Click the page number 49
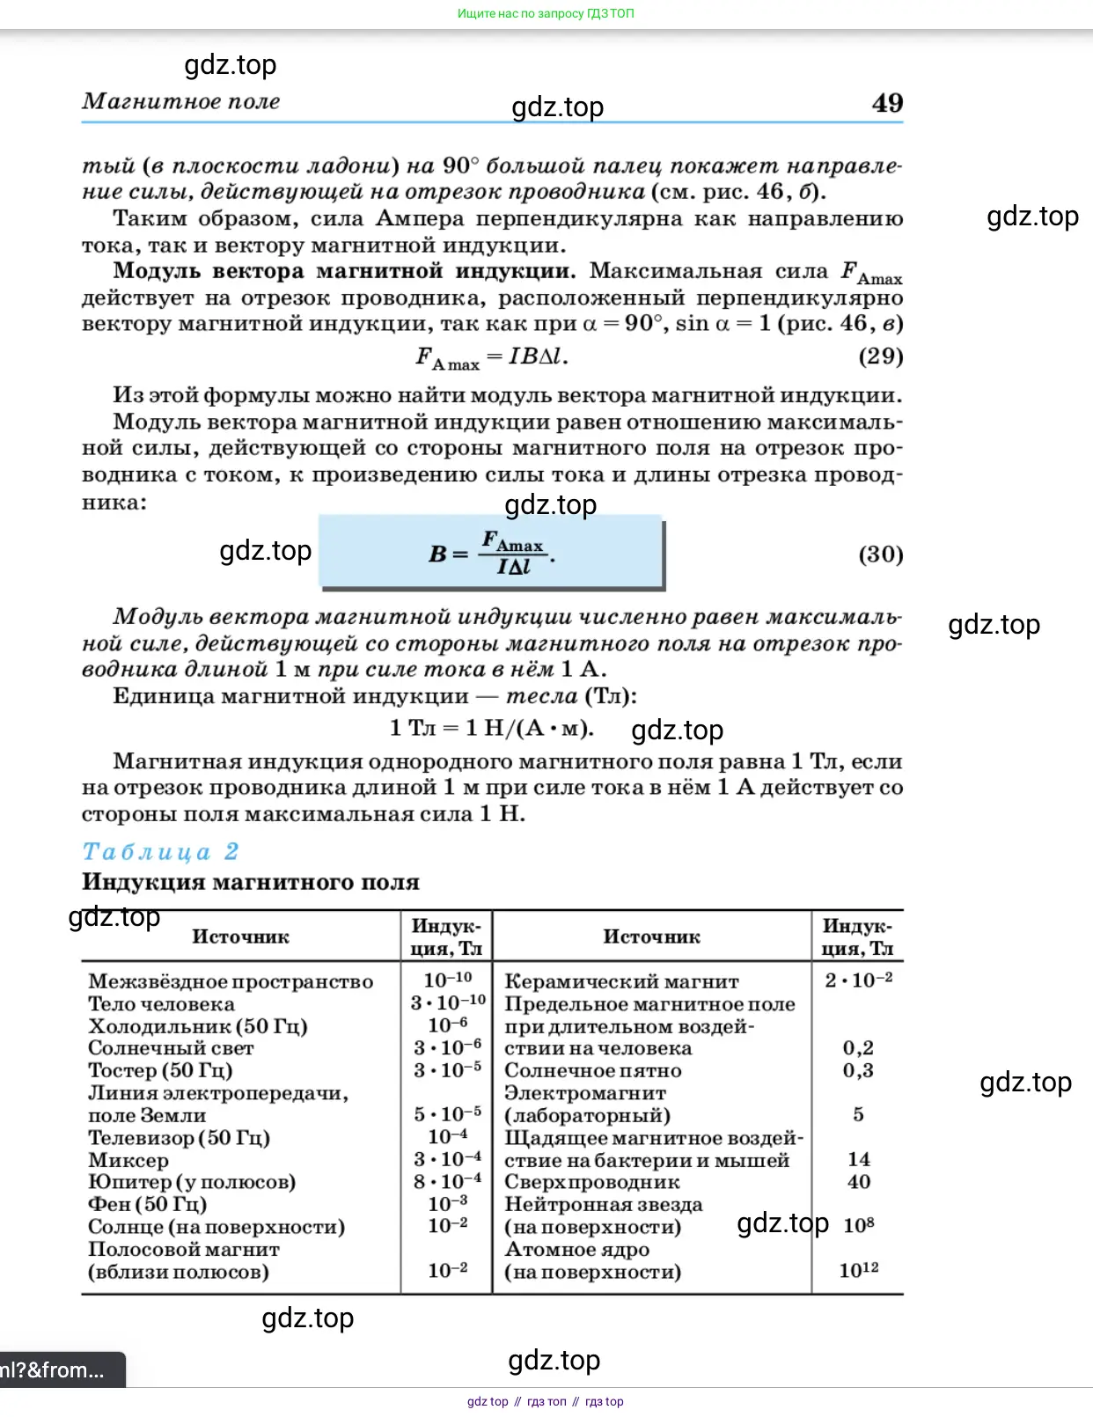click(887, 103)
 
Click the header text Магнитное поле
click(181, 101)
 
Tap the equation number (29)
click(880, 356)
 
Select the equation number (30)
click(880, 554)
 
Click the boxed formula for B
click(491, 554)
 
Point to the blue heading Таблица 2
click(160, 852)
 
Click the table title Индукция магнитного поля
click(251, 882)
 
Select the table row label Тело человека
click(161, 1004)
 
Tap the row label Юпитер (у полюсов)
click(192, 1182)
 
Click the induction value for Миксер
click(447, 1159)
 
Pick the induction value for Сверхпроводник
click(858, 1182)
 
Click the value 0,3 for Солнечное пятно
click(858, 1070)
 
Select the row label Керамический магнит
click(621, 981)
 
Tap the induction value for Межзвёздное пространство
click(447, 980)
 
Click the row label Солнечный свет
click(171, 1048)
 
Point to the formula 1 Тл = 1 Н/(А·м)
click(491, 729)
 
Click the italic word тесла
click(541, 696)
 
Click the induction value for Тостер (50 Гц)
click(447, 1070)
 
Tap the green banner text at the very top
click(546, 13)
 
